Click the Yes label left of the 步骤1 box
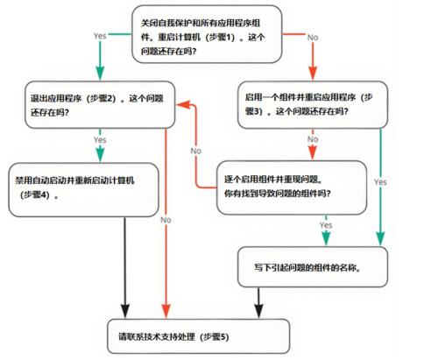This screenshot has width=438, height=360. tap(100, 35)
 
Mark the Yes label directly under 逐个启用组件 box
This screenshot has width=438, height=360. tap(326, 225)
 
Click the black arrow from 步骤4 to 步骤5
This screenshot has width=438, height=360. tap(128, 263)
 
